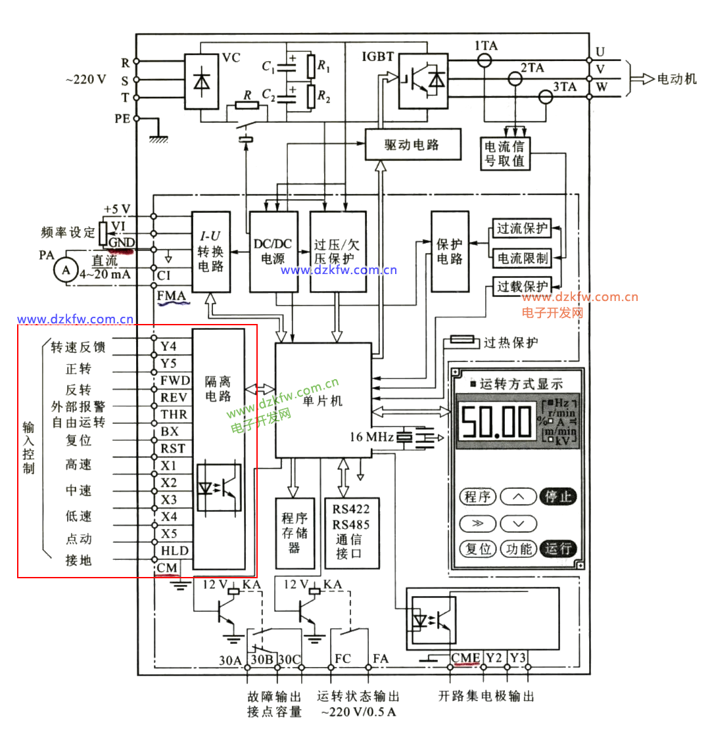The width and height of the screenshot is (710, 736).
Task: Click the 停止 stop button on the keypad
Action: tap(557, 496)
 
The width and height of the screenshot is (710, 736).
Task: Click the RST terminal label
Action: tap(174, 449)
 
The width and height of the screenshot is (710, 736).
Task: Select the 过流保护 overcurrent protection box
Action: tap(522, 229)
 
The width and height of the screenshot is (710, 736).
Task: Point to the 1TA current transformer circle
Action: tap(485, 60)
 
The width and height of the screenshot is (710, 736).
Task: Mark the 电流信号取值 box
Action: tap(504, 153)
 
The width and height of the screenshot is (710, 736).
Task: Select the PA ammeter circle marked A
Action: tap(65, 269)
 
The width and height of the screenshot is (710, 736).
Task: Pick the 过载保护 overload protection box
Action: tap(522, 287)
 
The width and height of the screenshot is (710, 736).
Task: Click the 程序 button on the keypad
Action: tap(477, 496)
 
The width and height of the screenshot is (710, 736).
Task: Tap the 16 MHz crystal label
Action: tap(372, 436)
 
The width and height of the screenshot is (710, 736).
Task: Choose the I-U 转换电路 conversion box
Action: tap(210, 252)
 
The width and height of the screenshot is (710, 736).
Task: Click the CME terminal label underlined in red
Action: tap(465, 657)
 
